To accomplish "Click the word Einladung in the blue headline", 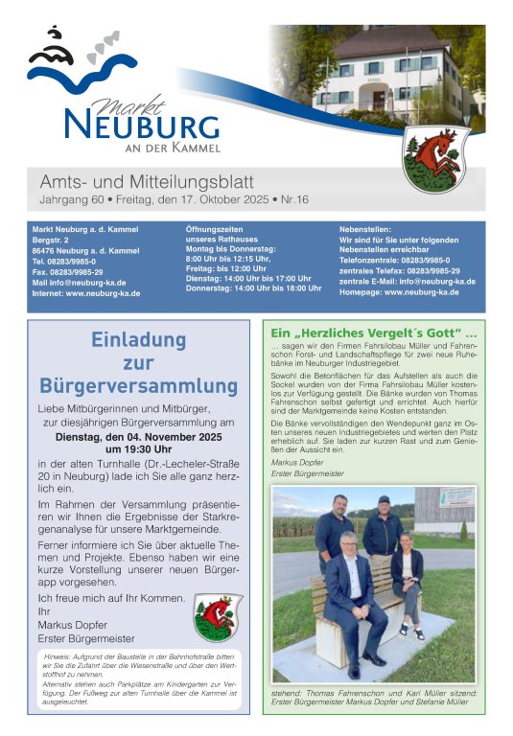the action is point(138,339).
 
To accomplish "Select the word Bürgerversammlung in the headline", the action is point(138,386).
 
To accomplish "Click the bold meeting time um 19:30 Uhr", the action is point(138,448).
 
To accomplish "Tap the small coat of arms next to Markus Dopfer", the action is point(218,617).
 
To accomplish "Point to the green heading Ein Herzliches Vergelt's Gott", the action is point(375,333).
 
